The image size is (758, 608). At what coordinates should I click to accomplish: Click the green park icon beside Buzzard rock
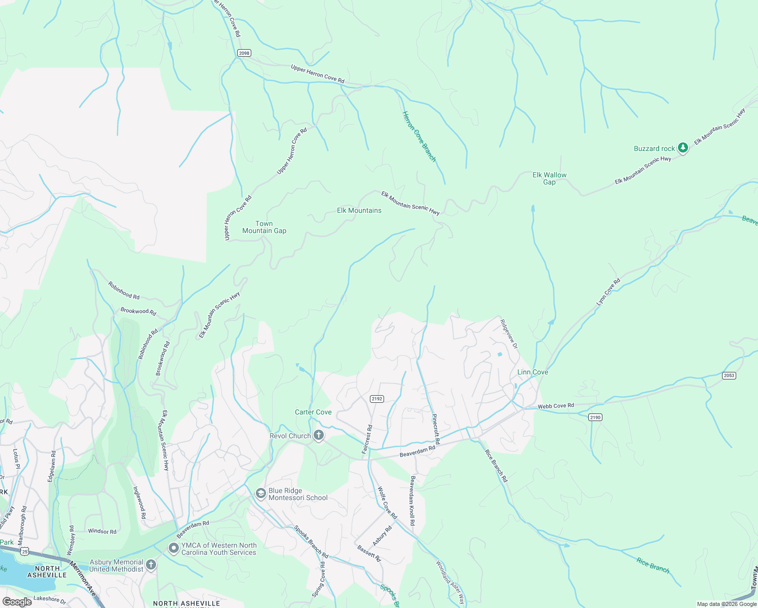tap(683, 148)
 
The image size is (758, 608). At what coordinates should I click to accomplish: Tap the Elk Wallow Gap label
tap(549, 178)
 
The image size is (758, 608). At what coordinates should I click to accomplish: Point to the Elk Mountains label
tap(359, 210)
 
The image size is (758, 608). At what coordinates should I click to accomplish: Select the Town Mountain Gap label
tap(264, 227)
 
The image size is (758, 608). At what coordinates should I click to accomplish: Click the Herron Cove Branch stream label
tap(419, 136)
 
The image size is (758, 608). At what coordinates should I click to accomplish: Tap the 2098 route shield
tap(244, 53)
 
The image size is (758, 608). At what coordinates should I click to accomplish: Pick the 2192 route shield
tap(376, 399)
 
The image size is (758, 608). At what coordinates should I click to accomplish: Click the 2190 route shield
tap(595, 417)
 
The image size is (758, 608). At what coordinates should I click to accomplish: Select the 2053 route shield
tap(729, 375)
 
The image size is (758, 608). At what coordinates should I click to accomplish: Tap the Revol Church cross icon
tap(319, 435)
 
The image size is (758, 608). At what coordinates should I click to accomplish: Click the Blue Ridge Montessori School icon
tap(260, 493)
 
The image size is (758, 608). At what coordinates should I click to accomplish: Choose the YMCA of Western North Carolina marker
tap(174, 548)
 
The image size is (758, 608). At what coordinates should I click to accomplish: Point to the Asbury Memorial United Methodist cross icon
tap(151, 565)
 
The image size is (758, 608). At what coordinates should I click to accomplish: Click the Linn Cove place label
tap(533, 372)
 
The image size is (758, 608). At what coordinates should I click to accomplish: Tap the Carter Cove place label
tap(313, 412)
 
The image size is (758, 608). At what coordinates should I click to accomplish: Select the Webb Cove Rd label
tap(556, 405)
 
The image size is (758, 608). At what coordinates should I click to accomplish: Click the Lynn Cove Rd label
tap(608, 292)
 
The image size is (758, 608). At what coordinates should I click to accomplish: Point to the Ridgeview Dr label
tap(509, 333)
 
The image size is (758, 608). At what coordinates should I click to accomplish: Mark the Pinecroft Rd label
tap(436, 429)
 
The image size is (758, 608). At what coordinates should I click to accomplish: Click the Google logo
tap(17, 602)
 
